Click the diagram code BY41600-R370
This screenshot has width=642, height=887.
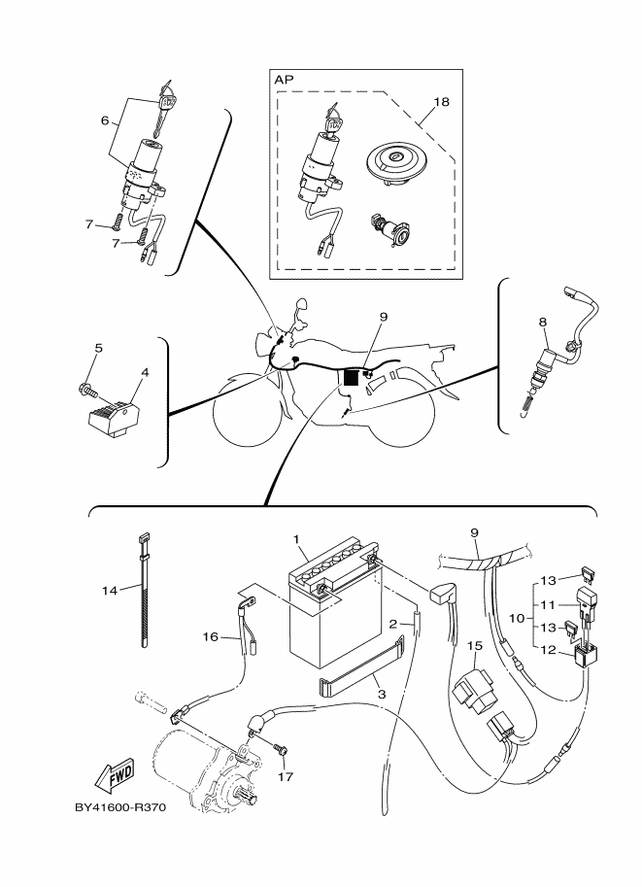point(121,807)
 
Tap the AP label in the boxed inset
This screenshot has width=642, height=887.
point(285,80)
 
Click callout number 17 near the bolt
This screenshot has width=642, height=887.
point(286,776)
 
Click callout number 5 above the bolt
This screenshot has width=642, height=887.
point(98,348)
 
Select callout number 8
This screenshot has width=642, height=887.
point(543,323)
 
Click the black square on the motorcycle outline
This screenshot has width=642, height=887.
point(352,377)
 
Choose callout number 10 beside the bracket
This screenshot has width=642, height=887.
point(517,618)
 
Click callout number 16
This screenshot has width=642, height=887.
point(210,637)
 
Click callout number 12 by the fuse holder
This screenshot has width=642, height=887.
point(549,650)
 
